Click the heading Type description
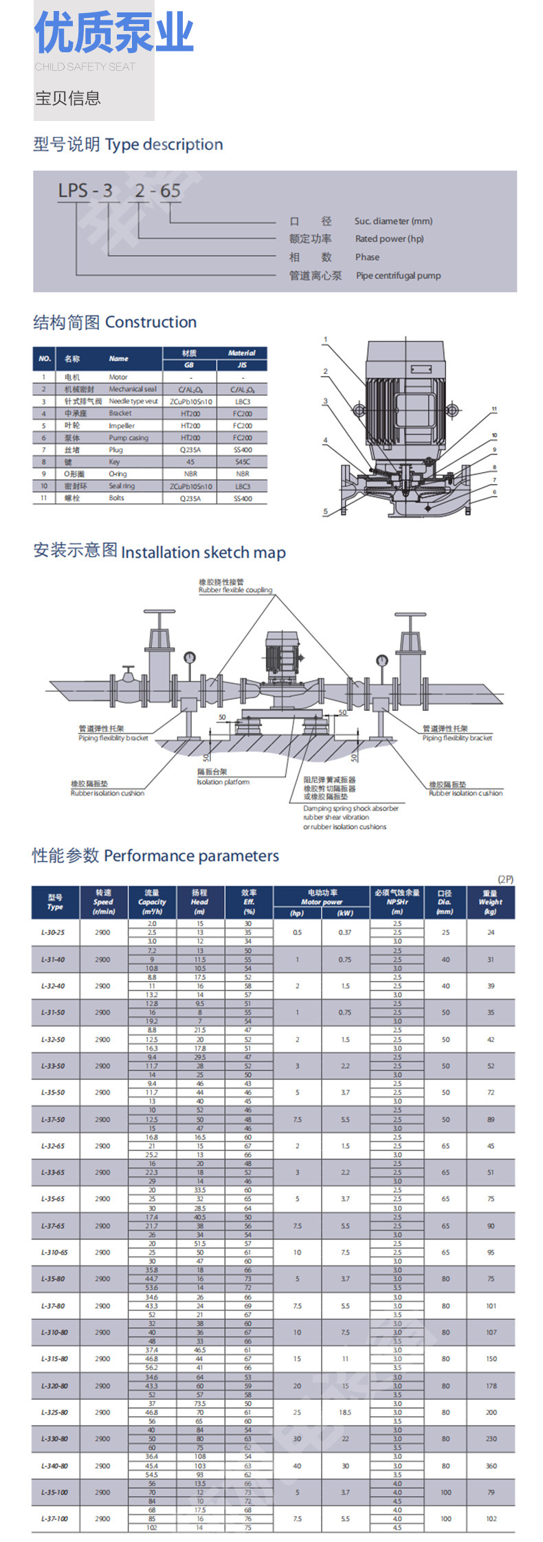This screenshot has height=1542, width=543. pyautogui.click(x=164, y=144)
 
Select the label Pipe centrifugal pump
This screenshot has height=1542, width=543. pyautogui.click(x=398, y=276)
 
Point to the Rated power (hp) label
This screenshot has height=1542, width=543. pyautogui.click(x=389, y=239)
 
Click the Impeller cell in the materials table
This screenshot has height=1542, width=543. pyautogui.click(x=122, y=426)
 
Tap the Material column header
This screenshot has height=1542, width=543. pyautogui.click(x=241, y=353)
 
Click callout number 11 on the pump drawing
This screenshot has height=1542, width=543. pyautogui.click(x=494, y=409)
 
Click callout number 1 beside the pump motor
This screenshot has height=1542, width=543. pyautogui.click(x=326, y=340)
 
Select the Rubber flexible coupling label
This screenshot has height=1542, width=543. pyautogui.click(x=235, y=590)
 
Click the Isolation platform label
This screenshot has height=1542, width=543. pyautogui.click(x=223, y=782)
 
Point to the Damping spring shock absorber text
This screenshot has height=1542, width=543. pyautogui.click(x=351, y=808)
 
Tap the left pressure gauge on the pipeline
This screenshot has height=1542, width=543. pyautogui.click(x=189, y=657)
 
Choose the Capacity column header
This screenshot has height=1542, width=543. pyautogui.click(x=151, y=902)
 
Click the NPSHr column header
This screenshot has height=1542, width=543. pyautogui.click(x=397, y=902)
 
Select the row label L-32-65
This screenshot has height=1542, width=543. pyautogui.click(x=53, y=1146)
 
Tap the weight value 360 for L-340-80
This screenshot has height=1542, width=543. pyautogui.click(x=491, y=1466)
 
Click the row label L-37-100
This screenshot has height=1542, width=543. pyautogui.click(x=54, y=1519)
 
